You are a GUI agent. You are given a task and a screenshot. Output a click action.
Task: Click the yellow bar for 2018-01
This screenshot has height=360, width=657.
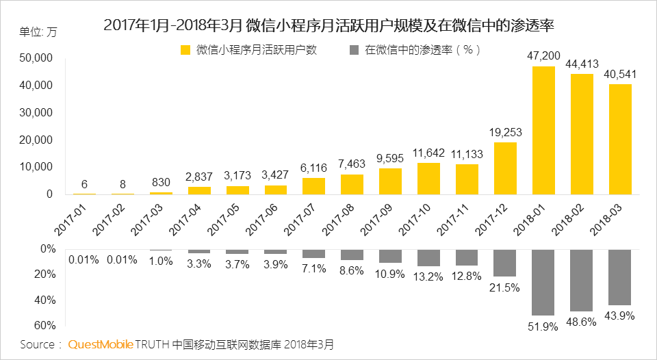[x=543, y=130]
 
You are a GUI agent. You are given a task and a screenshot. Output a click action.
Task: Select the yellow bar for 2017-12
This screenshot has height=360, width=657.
[x=505, y=168]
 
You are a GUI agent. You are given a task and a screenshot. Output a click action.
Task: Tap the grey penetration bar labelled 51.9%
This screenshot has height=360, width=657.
[x=543, y=281]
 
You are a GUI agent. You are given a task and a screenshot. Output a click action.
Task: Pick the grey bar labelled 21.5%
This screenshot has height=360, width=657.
[x=505, y=263]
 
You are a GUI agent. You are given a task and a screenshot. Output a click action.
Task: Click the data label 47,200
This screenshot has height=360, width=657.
[x=543, y=55]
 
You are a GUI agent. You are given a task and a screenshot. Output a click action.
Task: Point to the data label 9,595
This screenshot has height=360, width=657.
[x=390, y=157]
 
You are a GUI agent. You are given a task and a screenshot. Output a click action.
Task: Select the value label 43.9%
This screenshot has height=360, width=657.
[x=620, y=316]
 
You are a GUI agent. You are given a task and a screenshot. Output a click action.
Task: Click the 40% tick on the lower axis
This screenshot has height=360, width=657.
[x=45, y=300]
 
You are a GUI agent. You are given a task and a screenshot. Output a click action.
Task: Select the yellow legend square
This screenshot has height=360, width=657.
[x=185, y=50]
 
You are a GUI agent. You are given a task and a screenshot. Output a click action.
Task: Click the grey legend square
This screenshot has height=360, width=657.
[x=354, y=50]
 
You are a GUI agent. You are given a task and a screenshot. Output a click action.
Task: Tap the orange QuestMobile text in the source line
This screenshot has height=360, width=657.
[x=101, y=344]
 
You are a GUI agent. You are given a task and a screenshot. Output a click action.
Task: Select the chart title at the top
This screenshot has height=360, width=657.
[x=328, y=26]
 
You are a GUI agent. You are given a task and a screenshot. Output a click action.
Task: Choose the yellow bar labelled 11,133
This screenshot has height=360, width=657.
[x=467, y=179]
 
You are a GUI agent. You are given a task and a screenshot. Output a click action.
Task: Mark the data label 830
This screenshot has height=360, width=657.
[x=162, y=183]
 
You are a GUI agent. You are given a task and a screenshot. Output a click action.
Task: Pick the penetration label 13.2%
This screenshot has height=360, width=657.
[x=428, y=277]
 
